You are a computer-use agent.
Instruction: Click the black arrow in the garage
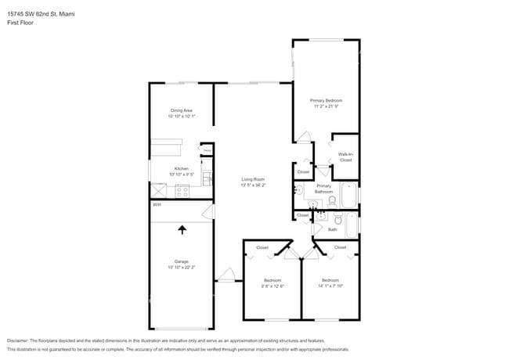[182, 229]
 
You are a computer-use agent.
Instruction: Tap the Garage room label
[182, 261]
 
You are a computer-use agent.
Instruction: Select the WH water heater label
[157, 205]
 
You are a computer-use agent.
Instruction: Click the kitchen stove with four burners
[182, 190]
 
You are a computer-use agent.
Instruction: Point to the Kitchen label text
[182, 168]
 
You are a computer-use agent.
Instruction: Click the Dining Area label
[182, 110]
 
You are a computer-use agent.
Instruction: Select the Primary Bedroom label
[326, 100]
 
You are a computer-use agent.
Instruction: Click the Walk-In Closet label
[345, 157]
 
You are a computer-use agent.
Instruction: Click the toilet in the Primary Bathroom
[332, 201]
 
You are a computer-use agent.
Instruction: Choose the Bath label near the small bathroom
[332, 229]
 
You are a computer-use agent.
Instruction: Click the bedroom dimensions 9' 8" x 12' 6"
[273, 286]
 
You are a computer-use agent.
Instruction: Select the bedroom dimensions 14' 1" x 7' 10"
[330, 286]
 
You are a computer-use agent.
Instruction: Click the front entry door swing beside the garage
[226, 275]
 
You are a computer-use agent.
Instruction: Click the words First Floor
[22, 23]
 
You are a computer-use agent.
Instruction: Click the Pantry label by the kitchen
[207, 151]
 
